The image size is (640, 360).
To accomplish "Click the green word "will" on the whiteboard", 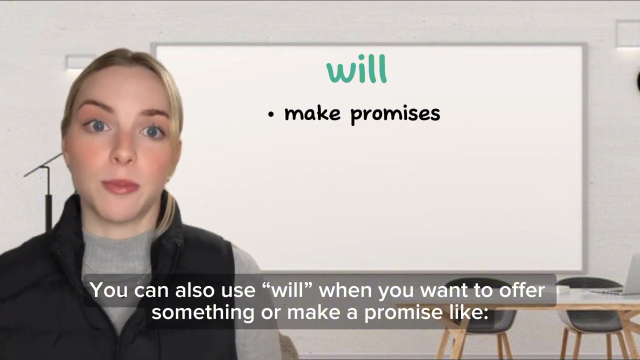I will tap(356, 70).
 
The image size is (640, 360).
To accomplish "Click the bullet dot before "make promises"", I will tap(271, 114).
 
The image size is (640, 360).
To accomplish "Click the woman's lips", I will tap(120, 187).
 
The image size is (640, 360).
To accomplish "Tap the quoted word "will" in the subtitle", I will tap(287, 290).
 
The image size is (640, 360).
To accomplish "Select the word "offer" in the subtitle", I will tap(521, 290).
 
